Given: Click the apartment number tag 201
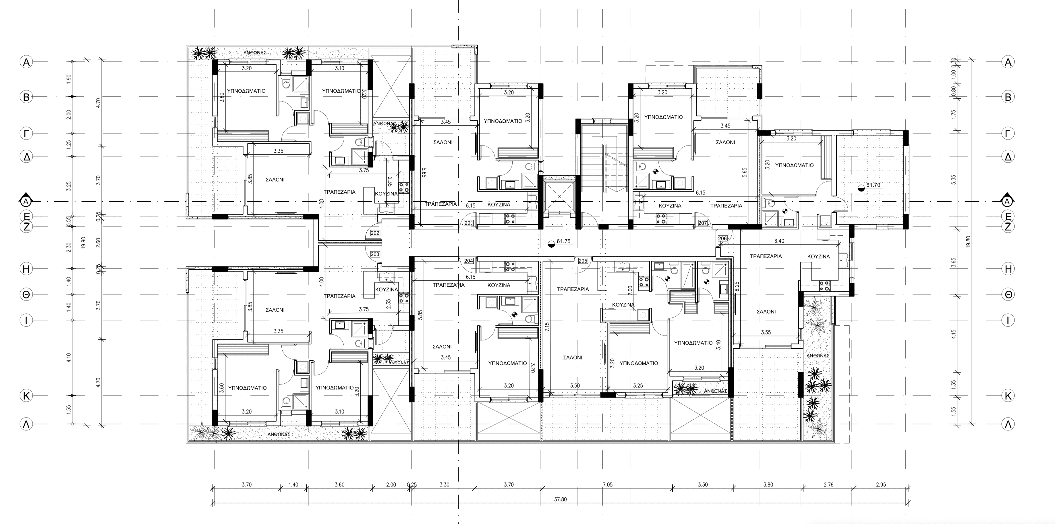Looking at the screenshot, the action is click(x=469, y=223).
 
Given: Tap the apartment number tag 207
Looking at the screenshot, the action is click(x=703, y=223).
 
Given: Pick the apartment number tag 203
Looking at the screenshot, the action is click(x=375, y=254).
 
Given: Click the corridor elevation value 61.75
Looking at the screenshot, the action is click(x=564, y=242).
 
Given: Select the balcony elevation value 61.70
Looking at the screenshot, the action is click(x=873, y=185).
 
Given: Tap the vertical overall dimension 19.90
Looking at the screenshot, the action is click(x=84, y=242).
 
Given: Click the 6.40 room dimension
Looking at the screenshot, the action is click(x=779, y=241).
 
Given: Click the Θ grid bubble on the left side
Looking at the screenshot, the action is click(x=26, y=294).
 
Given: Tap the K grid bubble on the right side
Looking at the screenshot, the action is click(x=1008, y=396).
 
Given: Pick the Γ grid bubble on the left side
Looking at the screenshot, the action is click(x=26, y=133).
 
